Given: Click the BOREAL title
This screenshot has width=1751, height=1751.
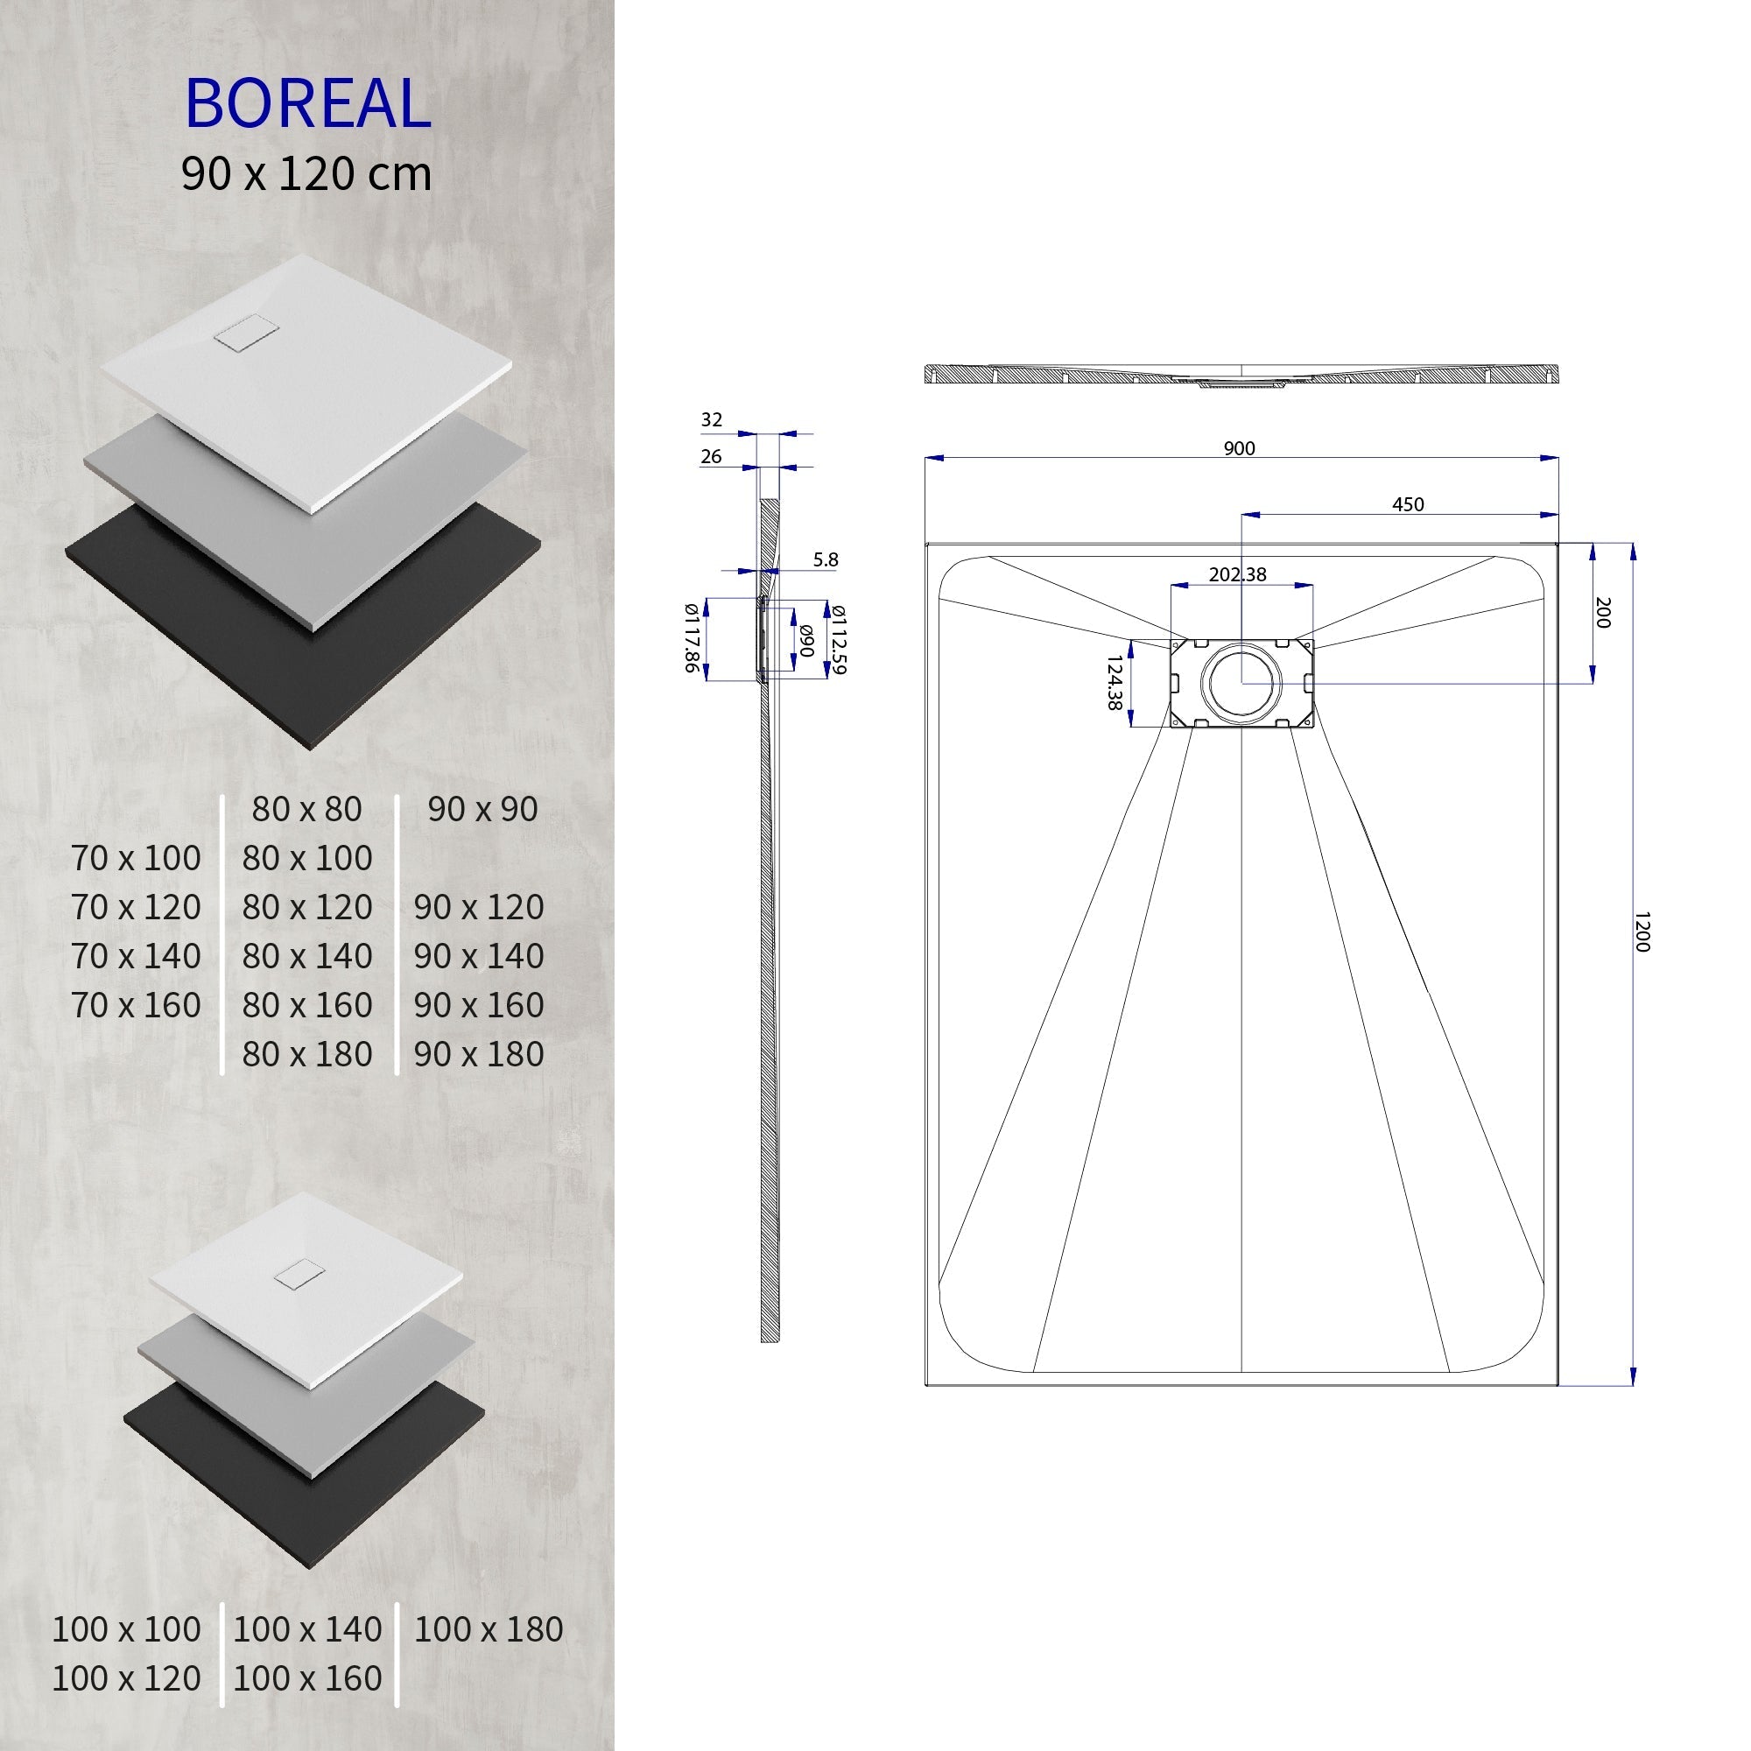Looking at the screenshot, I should (307, 103).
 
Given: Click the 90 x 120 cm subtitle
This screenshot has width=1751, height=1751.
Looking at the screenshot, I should (306, 174).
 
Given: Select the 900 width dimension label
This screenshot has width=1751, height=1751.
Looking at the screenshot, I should (1239, 447).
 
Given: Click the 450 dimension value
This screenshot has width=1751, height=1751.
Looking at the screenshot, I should (1408, 505).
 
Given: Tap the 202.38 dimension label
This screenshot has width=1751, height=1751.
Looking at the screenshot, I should (1237, 574).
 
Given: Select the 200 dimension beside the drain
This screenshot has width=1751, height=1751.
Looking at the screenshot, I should (1602, 613).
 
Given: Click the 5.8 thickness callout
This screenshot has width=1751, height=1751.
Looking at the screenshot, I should (826, 560).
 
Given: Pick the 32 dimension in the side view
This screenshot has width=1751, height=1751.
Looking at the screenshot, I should (712, 419).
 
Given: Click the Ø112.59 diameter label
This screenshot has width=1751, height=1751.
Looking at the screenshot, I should (839, 639).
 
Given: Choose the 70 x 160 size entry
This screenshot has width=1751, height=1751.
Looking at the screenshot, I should (136, 1004).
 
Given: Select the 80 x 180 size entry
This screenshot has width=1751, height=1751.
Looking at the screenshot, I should (307, 1053).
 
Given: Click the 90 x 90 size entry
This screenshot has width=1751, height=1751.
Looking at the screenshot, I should (482, 808).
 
